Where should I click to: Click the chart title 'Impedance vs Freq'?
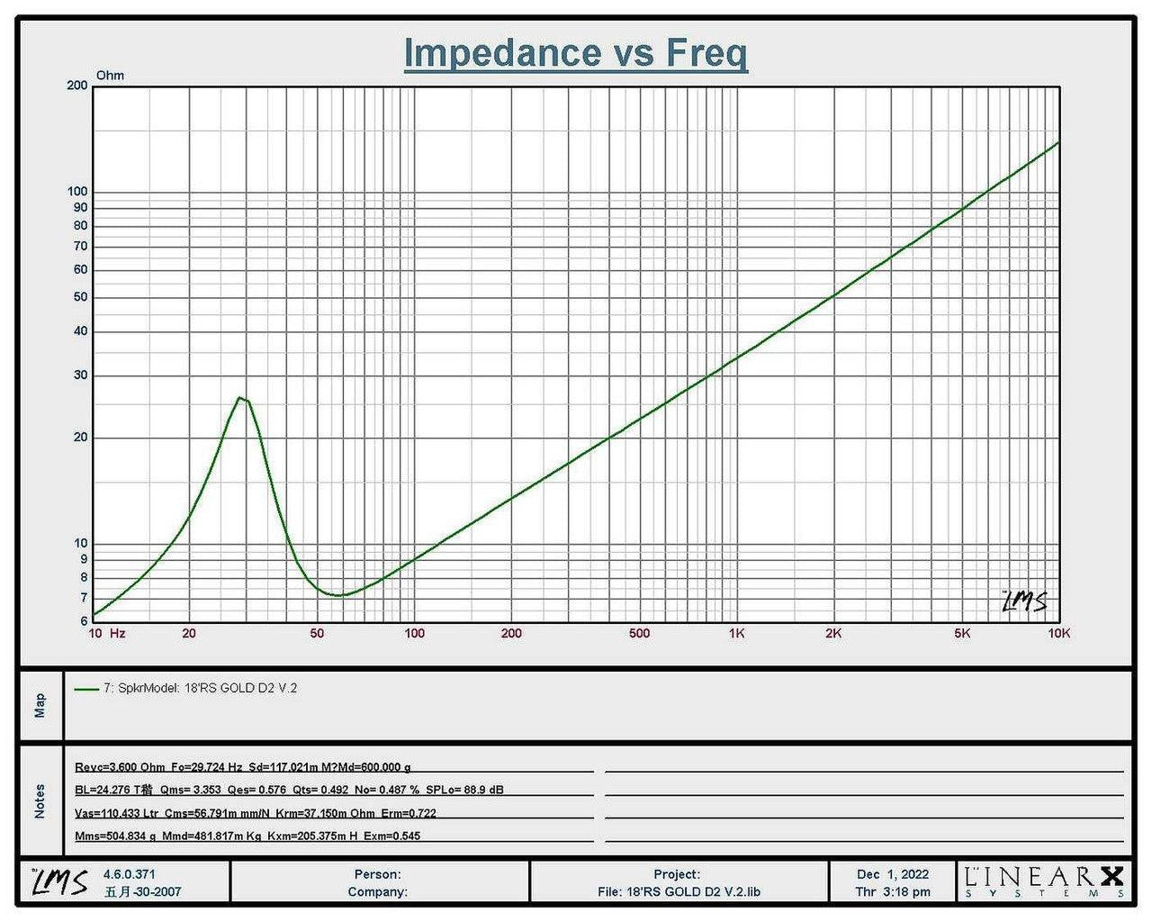click(x=575, y=53)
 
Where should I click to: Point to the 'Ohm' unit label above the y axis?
click(x=110, y=76)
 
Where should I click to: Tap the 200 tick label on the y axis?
click(x=77, y=86)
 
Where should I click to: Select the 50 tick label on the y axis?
click(x=80, y=297)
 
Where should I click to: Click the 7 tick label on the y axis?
click(x=84, y=598)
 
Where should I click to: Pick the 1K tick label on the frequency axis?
click(x=736, y=633)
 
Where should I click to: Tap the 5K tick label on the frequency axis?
click(x=962, y=633)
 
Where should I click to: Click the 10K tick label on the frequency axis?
click(x=1059, y=633)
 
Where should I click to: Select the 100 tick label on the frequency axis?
click(x=414, y=633)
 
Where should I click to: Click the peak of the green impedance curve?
click(x=239, y=397)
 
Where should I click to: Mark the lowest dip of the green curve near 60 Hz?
click(x=338, y=595)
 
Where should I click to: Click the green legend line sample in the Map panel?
click(x=86, y=689)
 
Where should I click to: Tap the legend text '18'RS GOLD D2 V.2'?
click(x=240, y=688)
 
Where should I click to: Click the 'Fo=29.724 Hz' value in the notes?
click(x=207, y=767)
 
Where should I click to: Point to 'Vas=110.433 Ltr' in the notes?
click(x=116, y=813)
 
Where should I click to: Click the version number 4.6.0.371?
click(x=129, y=874)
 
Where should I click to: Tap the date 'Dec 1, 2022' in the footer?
click(x=893, y=874)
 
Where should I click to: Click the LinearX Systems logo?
click(x=1044, y=881)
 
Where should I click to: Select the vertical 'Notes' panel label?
click(x=40, y=801)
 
